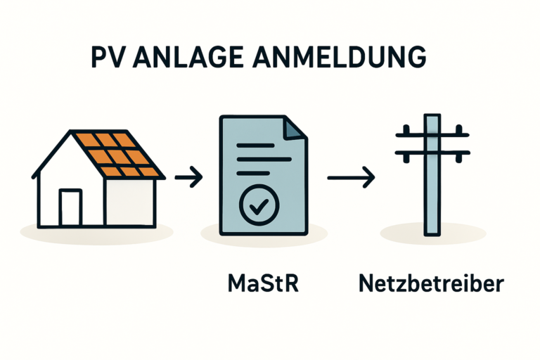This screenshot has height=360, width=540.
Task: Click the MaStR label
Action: (259, 285)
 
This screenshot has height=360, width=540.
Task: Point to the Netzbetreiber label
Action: (431, 285)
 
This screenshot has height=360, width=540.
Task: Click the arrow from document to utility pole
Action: (351, 177)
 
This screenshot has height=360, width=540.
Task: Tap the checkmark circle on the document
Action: (259, 203)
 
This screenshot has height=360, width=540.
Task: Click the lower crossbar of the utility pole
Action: (430, 153)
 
